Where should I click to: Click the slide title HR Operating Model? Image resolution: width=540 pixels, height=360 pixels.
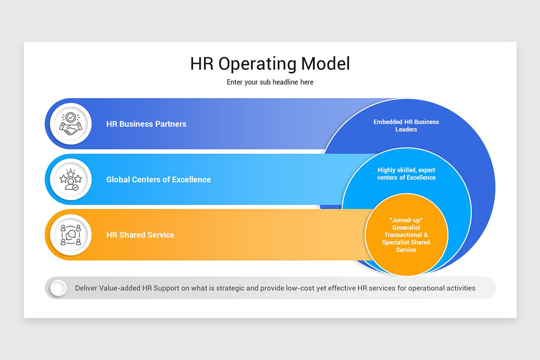click(270, 63)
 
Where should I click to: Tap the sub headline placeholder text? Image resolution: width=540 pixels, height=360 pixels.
click(270, 82)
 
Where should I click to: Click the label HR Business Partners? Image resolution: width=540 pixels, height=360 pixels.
click(146, 124)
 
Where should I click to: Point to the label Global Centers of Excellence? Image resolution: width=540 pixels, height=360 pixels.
click(158, 180)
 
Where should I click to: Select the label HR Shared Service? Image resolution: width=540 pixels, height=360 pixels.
click(140, 235)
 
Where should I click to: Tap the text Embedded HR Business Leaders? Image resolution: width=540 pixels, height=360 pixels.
click(406, 126)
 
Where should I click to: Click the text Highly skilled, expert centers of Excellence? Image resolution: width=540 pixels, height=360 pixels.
click(406, 174)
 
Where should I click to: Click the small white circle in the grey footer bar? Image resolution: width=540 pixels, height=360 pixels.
click(58, 288)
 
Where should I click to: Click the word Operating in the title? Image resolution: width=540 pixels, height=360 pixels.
click(257, 63)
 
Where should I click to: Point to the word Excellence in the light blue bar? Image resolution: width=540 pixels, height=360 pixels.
click(192, 180)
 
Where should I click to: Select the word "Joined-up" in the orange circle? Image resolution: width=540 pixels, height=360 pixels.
click(406, 220)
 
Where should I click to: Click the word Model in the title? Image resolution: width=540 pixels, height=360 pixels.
click(325, 63)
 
